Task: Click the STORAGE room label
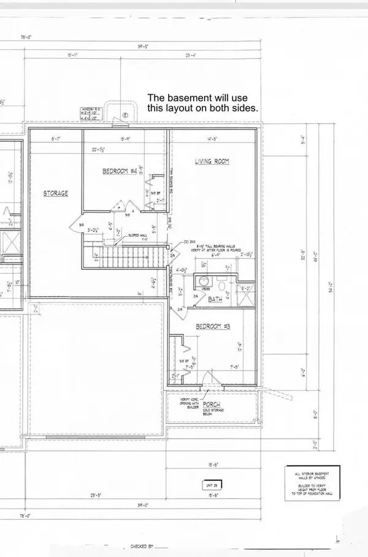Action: coord(55,193)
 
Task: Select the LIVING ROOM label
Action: coord(212,161)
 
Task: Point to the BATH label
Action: coord(215,299)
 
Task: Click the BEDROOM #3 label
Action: coord(211,326)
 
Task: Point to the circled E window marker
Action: coord(125,115)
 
